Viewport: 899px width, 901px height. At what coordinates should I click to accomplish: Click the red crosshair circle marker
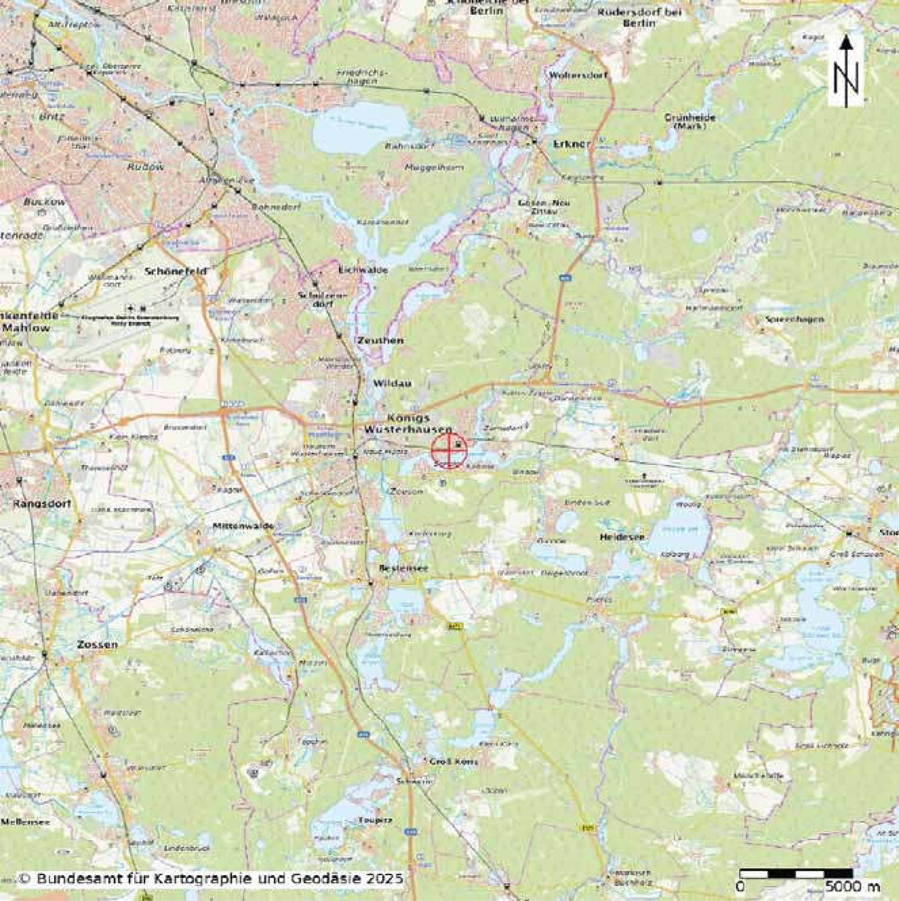448,450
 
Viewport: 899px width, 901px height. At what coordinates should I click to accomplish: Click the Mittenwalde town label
237,526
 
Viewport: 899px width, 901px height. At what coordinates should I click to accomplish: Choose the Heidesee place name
622,537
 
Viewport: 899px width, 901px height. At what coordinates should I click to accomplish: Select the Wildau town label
393,383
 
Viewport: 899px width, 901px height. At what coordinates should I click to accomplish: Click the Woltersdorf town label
580,75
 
